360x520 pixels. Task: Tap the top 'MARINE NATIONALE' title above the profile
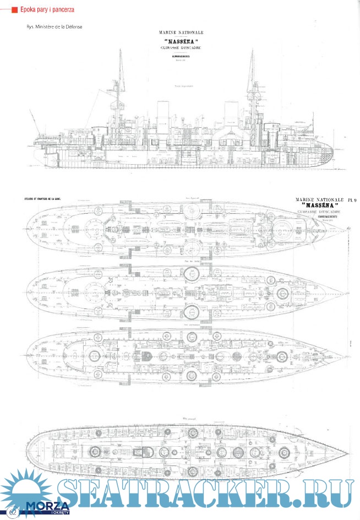181,33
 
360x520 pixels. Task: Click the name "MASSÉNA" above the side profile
181,41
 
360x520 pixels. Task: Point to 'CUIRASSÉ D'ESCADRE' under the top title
181,48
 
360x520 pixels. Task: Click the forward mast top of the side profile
252,51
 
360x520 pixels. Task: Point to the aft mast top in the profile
120,51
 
